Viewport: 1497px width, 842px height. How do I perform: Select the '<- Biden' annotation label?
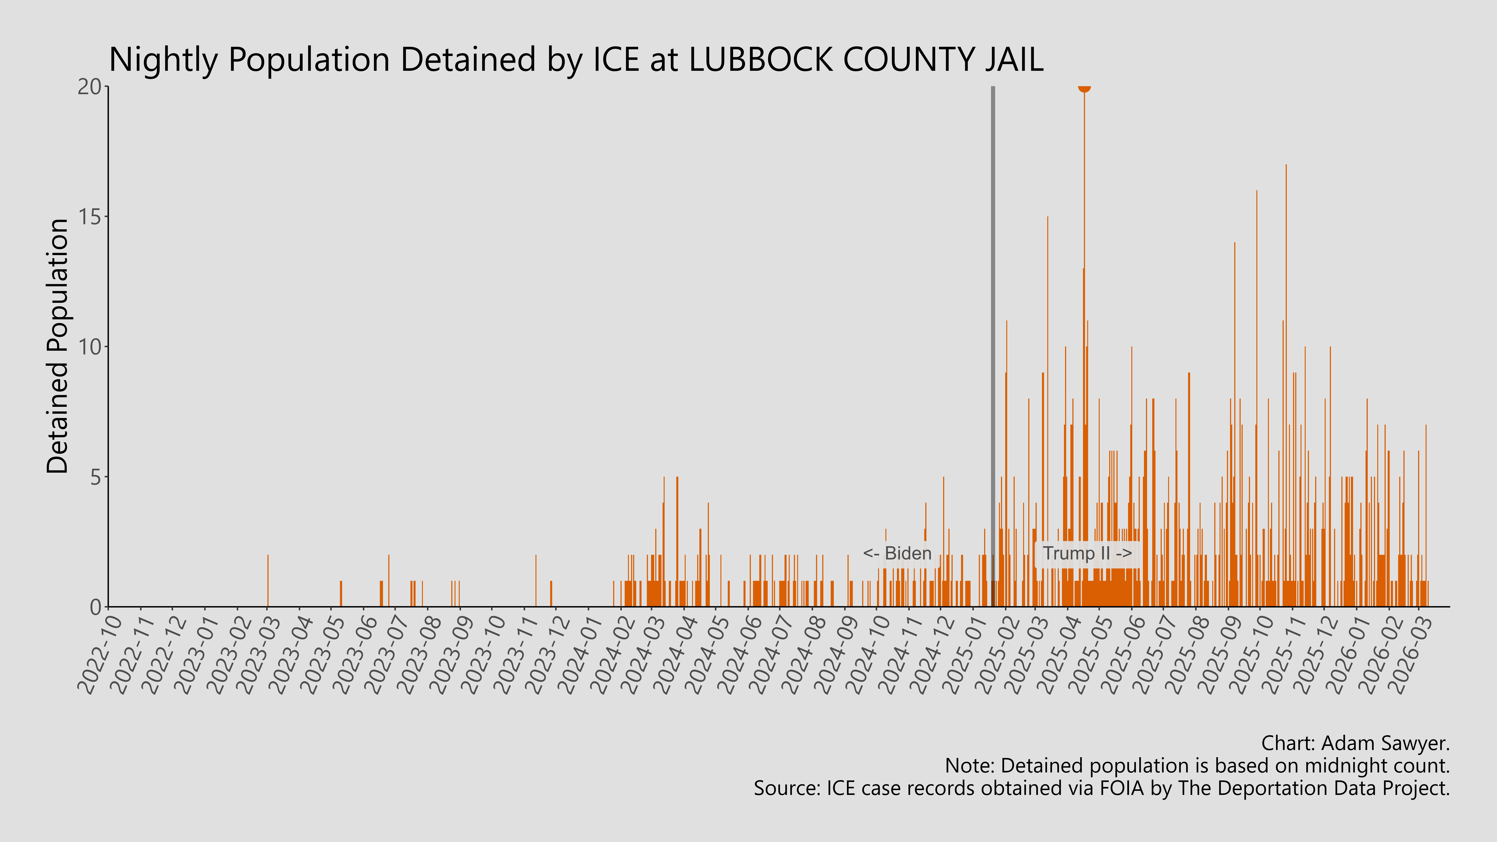(x=897, y=554)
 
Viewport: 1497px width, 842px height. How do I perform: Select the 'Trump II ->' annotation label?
(x=1087, y=554)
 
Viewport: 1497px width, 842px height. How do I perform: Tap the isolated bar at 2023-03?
(x=267, y=581)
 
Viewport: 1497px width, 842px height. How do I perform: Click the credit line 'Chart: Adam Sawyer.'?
(x=1355, y=743)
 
